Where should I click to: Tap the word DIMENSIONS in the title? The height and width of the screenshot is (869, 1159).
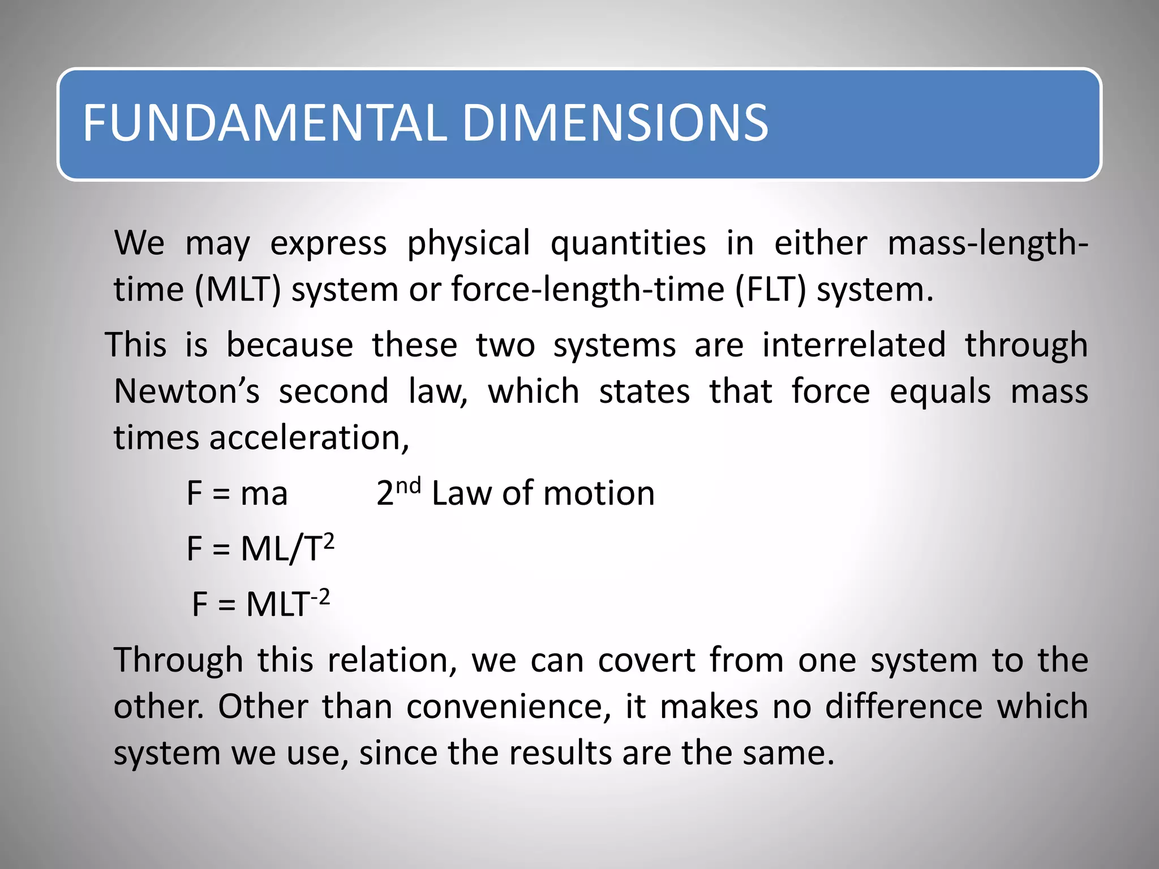pos(615,123)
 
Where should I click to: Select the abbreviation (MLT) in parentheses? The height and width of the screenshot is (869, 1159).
pos(238,290)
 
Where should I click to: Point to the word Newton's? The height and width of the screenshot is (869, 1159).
pos(187,392)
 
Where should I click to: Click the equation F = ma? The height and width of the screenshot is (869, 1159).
pos(237,493)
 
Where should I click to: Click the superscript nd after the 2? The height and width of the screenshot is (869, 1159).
pos(408,485)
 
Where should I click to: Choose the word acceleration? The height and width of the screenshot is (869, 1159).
pos(308,438)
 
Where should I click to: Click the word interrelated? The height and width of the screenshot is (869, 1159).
pos(854,345)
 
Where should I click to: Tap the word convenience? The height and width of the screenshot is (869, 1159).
pos(508,707)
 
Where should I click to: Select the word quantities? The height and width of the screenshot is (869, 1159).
pos(628,244)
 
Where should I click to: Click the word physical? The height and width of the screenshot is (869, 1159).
pos(469,244)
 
